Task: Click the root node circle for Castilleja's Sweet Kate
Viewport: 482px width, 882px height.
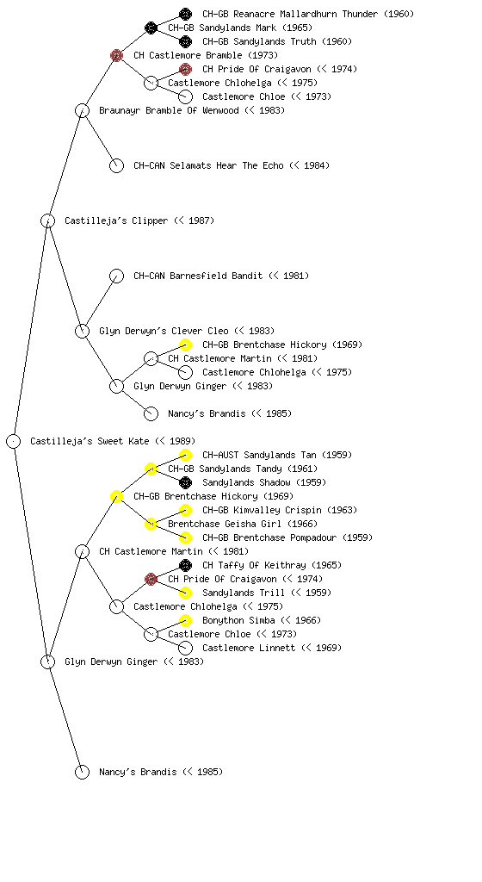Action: click(14, 442)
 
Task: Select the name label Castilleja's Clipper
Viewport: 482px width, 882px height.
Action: click(116, 220)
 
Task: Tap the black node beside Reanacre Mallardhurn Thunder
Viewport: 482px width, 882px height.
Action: click(185, 14)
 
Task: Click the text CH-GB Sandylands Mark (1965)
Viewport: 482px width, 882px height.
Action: click(240, 28)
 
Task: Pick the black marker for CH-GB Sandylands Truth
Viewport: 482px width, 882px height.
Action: click(185, 41)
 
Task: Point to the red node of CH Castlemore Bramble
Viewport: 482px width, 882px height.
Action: click(116, 55)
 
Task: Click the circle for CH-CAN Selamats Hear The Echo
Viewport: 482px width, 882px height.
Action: click(116, 165)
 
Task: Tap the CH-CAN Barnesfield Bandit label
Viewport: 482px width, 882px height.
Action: click(198, 276)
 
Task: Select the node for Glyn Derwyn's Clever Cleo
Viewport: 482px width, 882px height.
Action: click(82, 331)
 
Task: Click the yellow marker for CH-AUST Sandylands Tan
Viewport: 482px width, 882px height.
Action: click(185, 455)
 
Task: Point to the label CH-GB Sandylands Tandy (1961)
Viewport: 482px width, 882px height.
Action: click(243, 469)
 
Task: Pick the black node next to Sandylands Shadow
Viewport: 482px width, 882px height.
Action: click(185, 482)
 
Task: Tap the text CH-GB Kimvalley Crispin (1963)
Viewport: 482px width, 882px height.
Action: click(280, 510)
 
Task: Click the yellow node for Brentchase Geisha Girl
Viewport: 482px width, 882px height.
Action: click(151, 524)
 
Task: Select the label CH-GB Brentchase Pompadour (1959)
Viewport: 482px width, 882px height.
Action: click(287, 537)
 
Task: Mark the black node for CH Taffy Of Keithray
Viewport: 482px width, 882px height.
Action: click(185, 565)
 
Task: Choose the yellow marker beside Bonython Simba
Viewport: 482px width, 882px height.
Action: click(185, 620)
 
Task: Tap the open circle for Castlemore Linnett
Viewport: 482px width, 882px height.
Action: click(185, 648)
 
